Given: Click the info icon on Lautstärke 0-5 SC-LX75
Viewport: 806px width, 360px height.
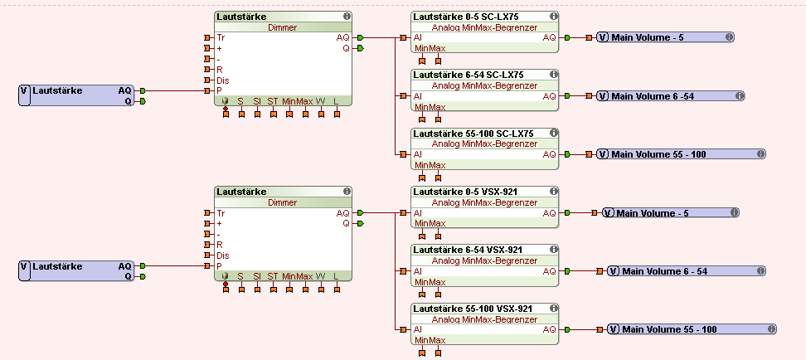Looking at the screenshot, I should click(553, 17).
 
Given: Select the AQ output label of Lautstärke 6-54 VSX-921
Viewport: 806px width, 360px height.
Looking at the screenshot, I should click(550, 271).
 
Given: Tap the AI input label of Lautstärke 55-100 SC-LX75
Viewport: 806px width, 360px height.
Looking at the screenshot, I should click(417, 154).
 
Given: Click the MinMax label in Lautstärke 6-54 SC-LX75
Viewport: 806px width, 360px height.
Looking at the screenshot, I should click(430, 107).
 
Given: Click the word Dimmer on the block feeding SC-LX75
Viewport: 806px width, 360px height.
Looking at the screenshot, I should click(283, 27).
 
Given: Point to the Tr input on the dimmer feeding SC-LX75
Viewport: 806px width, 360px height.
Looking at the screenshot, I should click(221, 38).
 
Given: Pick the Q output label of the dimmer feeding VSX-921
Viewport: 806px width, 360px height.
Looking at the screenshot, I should click(347, 224).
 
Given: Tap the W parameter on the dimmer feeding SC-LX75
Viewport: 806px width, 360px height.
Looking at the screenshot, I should click(320, 100).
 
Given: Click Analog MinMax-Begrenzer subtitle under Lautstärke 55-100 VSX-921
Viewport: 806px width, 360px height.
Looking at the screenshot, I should click(485, 319).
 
